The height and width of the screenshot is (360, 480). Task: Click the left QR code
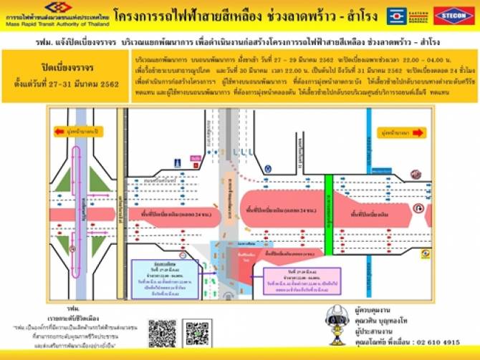pyautogui.click(x=163, y=334)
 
